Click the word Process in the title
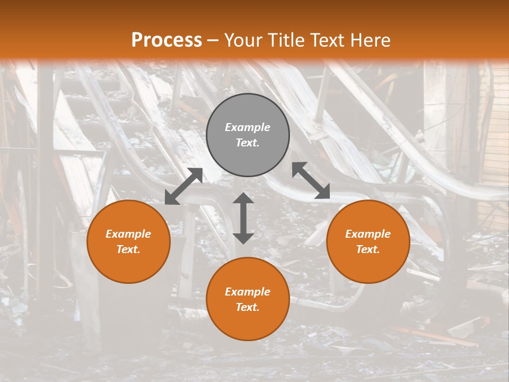(166, 40)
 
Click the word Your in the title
(243, 40)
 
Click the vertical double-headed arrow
(243, 218)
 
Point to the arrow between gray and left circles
(183, 186)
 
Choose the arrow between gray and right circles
(311, 180)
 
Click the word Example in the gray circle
(248, 127)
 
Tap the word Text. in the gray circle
(248, 143)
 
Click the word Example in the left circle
(128, 234)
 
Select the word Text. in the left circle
(128, 249)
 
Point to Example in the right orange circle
(368, 234)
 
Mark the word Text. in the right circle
(368, 249)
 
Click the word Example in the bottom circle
(248, 292)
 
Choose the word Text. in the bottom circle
(248, 307)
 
